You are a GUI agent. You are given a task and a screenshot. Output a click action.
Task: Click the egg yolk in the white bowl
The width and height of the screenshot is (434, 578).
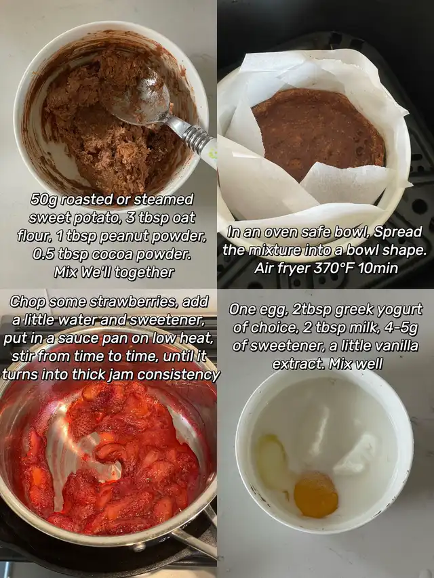coord(316,495)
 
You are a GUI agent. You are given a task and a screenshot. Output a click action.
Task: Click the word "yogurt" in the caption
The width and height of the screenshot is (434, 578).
coord(401,310)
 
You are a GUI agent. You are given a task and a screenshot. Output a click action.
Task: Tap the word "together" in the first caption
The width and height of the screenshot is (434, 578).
coord(144,273)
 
